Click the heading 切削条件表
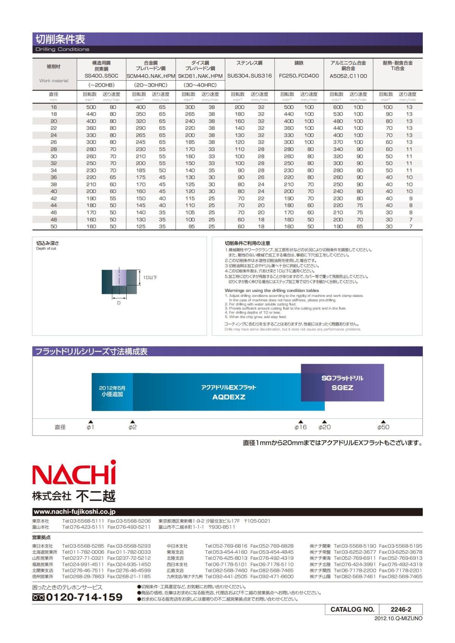tap(60, 39)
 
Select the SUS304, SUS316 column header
tap(249, 76)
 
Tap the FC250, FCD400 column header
tap(299, 76)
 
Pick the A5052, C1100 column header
tap(348, 76)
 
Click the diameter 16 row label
tap(54, 107)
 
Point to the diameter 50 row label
tap(54, 226)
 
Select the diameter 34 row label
tap(54, 170)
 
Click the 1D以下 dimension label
tap(150, 278)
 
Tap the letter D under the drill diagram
tap(119, 303)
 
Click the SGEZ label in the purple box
tap(342, 387)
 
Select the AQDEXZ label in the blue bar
tap(229, 397)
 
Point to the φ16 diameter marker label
tap(300, 427)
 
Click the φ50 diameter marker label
tap(383, 427)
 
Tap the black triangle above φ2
tap(132, 421)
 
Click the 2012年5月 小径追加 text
tap(112, 391)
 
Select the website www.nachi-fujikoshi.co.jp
tap(75, 512)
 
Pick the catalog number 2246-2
tap(400, 609)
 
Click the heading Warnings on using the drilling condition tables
tap(271, 290)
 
